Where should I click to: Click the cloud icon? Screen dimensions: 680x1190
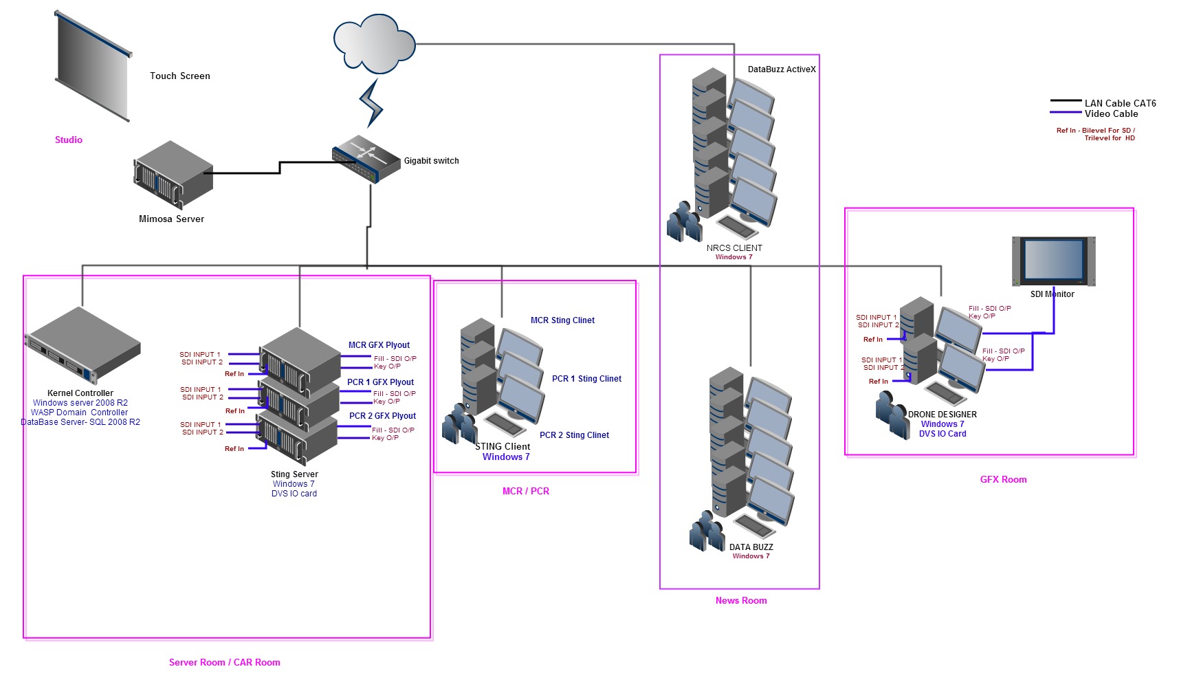pyautogui.click(x=374, y=43)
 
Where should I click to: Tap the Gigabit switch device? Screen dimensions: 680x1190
pyautogui.click(x=366, y=158)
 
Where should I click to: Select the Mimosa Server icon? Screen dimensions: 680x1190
pyautogui.click(x=173, y=175)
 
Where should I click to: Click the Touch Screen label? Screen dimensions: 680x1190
pyautogui.click(x=180, y=76)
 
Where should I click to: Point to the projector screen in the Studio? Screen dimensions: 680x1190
pyautogui.click(x=93, y=67)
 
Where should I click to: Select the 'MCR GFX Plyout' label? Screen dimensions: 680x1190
pyautogui.click(x=379, y=345)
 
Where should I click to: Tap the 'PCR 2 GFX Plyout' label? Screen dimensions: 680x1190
pyautogui.click(x=382, y=416)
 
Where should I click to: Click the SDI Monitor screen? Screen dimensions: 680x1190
pyautogui.click(x=1053, y=261)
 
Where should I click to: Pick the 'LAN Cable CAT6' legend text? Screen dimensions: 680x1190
pyautogui.click(x=1120, y=103)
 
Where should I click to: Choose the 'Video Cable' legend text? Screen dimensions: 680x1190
pyautogui.click(x=1111, y=114)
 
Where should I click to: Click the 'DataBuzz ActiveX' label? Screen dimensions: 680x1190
pyautogui.click(x=782, y=69)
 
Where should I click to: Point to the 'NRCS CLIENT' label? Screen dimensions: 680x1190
pyautogui.click(x=734, y=248)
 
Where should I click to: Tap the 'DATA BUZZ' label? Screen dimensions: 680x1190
pyautogui.click(x=751, y=547)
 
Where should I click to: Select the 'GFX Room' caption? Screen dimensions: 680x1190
pyautogui.click(x=1003, y=480)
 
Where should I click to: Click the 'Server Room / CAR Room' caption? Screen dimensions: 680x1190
pyautogui.click(x=225, y=663)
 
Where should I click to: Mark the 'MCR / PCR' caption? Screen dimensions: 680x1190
pyautogui.click(x=525, y=492)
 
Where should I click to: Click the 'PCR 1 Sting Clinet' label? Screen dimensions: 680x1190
pyautogui.click(x=586, y=379)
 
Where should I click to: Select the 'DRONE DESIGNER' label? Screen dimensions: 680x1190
pyautogui.click(x=942, y=415)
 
